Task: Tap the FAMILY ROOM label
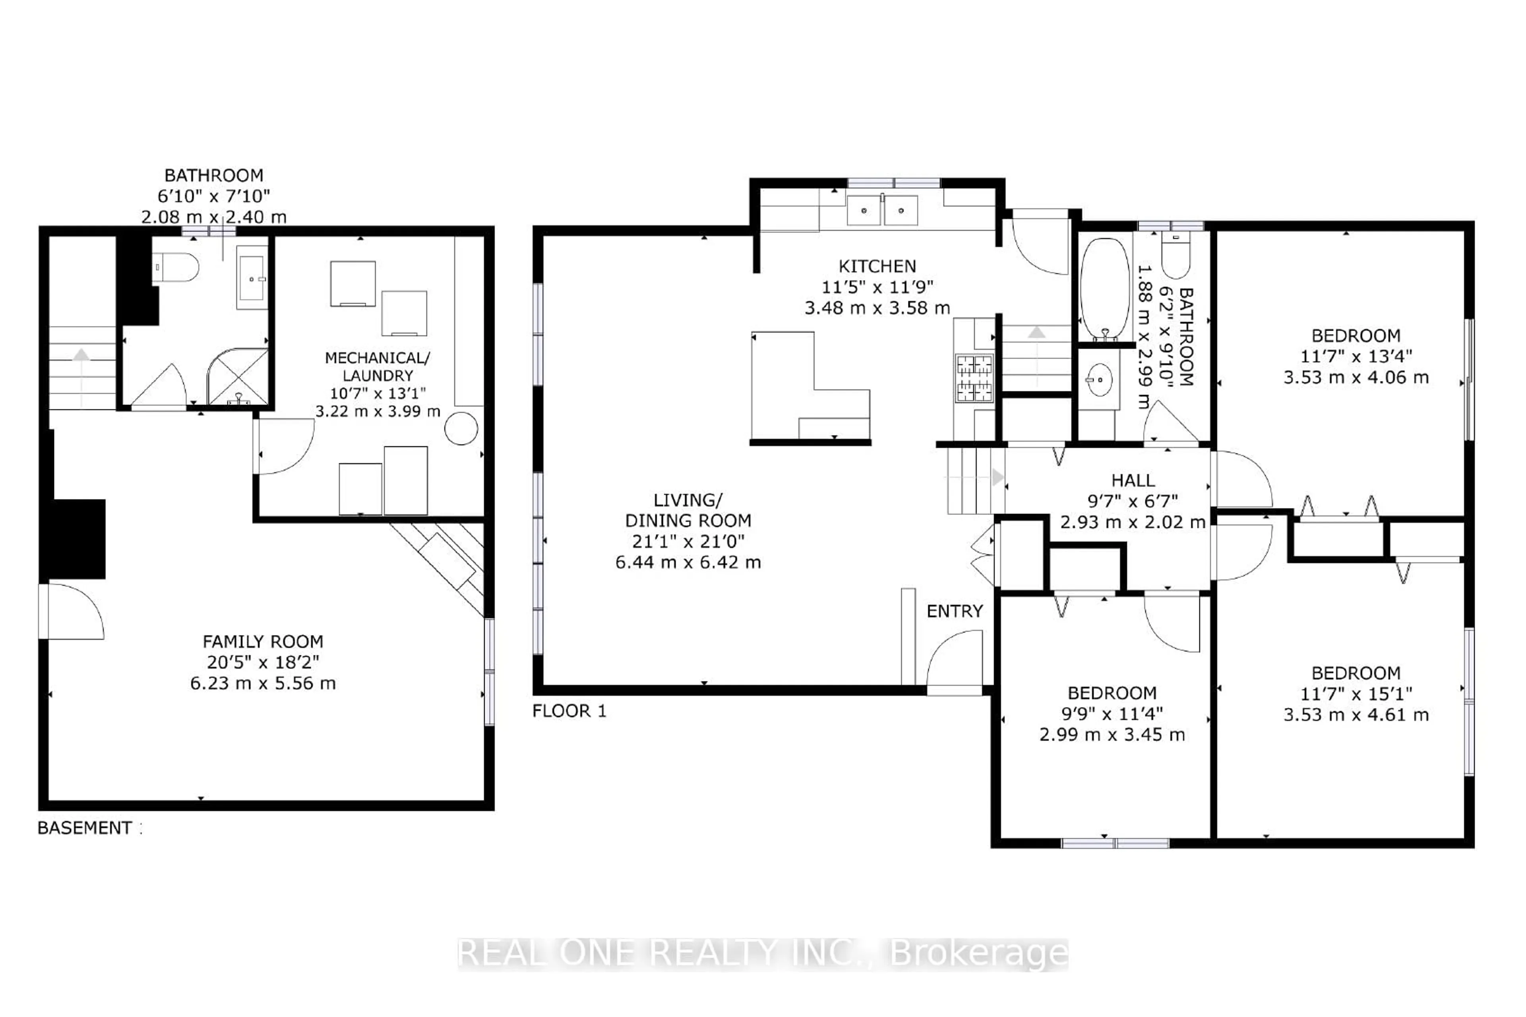click(x=263, y=641)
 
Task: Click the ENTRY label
click(x=954, y=611)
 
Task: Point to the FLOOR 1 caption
click(x=569, y=711)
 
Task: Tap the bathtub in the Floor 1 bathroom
click(x=1104, y=289)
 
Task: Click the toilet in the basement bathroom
click(x=176, y=267)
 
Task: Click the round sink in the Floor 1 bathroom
click(x=1099, y=380)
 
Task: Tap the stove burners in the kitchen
click(x=974, y=378)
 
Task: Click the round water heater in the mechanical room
click(x=461, y=428)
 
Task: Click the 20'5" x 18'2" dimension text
click(x=263, y=662)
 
